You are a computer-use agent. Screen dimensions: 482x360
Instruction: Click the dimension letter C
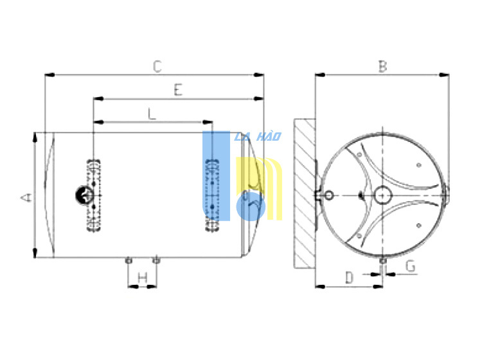pyautogui.click(x=157, y=66)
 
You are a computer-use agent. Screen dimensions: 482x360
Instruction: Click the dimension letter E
pyautogui.click(x=178, y=90)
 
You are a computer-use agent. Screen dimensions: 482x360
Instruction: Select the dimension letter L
pyautogui.click(x=152, y=114)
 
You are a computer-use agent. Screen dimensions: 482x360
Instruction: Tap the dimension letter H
pyautogui.click(x=142, y=278)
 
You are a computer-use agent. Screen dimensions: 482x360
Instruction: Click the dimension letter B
pyautogui.click(x=382, y=66)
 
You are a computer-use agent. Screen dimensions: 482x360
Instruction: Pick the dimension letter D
pyautogui.click(x=350, y=277)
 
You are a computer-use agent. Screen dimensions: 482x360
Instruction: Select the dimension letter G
pyautogui.click(x=411, y=266)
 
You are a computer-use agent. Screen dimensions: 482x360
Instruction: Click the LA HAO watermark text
pyautogui.click(x=258, y=136)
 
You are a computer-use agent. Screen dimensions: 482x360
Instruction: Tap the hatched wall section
pyautogui.click(x=305, y=194)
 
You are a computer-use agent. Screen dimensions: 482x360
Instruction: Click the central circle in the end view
pyautogui.click(x=383, y=195)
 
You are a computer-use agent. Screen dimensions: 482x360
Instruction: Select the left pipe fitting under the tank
pyautogui.click(x=129, y=261)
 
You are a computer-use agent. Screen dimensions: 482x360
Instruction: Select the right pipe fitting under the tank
pyautogui.click(x=156, y=260)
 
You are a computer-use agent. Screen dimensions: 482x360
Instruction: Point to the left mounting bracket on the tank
pyautogui.click(x=94, y=195)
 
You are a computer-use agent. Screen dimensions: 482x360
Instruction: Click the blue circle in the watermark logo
pyautogui.click(x=251, y=206)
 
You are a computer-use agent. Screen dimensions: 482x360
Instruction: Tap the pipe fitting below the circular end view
pyautogui.click(x=383, y=261)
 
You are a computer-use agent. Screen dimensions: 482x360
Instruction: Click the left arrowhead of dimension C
pyautogui.click(x=49, y=75)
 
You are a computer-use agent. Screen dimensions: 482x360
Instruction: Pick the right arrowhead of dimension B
pyautogui.click(x=445, y=75)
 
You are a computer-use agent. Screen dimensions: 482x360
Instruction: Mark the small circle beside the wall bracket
pyautogui.click(x=329, y=195)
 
